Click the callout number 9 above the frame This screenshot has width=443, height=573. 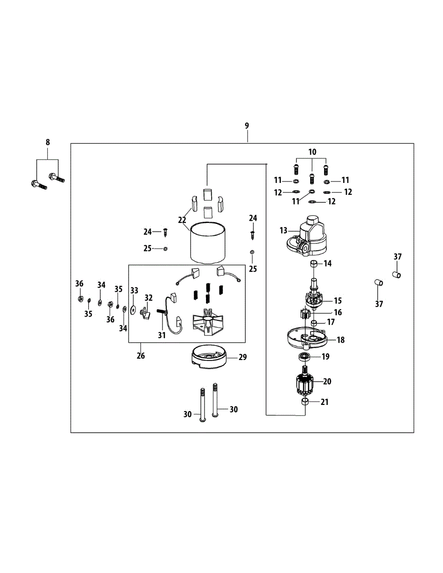click(247, 126)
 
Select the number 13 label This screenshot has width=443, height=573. click(283, 230)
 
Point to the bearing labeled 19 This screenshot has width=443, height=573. click(304, 357)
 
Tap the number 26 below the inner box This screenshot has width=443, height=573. click(140, 355)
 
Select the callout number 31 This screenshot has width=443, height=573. click(162, 335)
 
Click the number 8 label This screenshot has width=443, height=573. click(47, 142)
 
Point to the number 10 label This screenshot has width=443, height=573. click(312, 152)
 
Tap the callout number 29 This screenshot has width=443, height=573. click(243, 357)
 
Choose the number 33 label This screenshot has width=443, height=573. click(134, 290)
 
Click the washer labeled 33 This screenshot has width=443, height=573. click(133, 308)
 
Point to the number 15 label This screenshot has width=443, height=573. click(337, 300)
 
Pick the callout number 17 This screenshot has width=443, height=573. click(331, 322)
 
